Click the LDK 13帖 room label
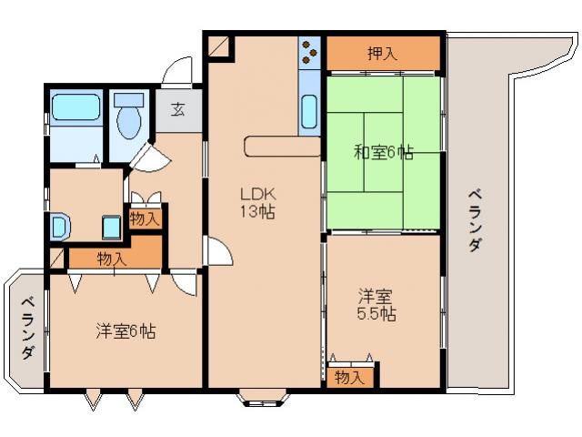click(257, 203)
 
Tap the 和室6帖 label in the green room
click(383, 153)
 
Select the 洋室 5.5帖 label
click(376, 304)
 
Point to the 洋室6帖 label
click(125, 331)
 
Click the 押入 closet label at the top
click(382, 54)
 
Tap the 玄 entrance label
click(178, 110)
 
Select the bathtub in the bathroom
click(75, 109)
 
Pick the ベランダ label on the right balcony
click(475, 219)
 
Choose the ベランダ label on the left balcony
click(28, 328)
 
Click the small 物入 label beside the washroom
click(145, 218)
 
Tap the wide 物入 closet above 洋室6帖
click(112, 259)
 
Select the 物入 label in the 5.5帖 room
click(349, 376)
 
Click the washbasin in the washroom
click(59, 225)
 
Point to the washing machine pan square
click(112, 226)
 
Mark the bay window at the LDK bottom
click(264, 396)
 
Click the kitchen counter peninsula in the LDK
click(281, 147)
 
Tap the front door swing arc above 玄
click(179, 71)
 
